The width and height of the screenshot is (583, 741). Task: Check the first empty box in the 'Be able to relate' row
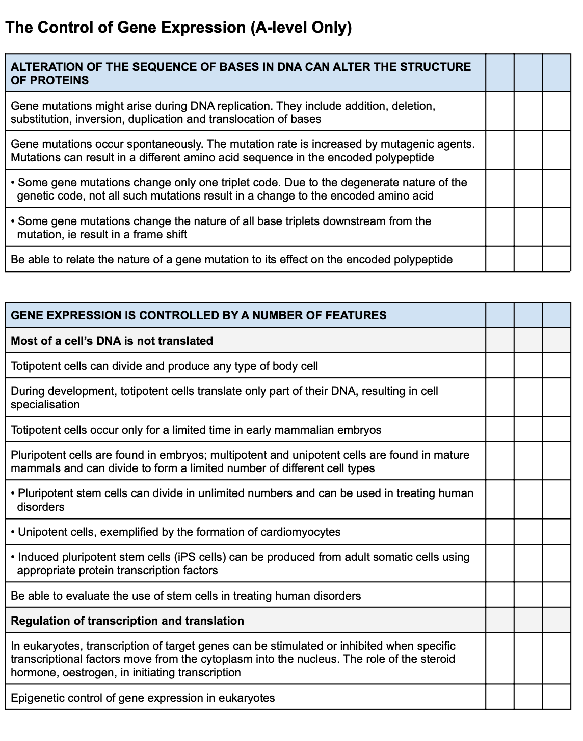pyautogui.click(x=499, y=259)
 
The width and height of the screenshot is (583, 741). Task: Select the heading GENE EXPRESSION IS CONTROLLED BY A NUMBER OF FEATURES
pyautogui.click(x=199, y=315)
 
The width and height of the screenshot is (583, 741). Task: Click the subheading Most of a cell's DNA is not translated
pyautogui.click(x=112, y=341)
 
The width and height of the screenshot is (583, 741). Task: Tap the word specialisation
pyautogui.click(x=45, y=404)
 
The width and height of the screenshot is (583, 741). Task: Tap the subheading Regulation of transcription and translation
pyautogui.click(x=127, y=621)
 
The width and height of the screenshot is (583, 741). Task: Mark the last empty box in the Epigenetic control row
pyautogui.click(x=556, y=697)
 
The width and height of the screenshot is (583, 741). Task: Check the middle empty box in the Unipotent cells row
pyautogui.click(x=528, y=532)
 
